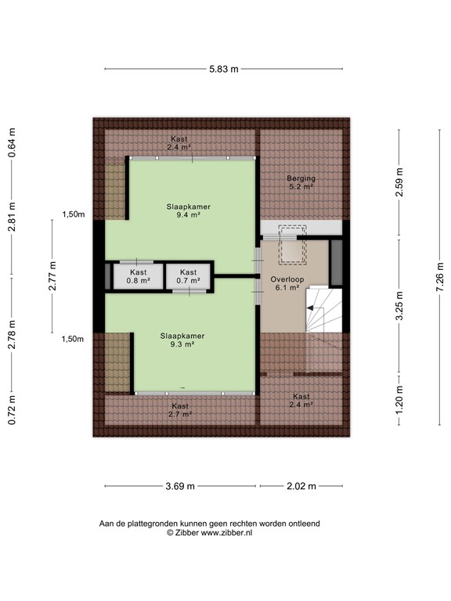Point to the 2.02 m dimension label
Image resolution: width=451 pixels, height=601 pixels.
(x=300, y=486)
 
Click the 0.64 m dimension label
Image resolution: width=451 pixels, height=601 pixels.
(x=12, y=143)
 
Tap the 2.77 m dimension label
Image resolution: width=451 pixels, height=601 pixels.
(x=53, y=275)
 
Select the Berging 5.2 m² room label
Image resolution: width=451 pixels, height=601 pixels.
(x=300, y=182)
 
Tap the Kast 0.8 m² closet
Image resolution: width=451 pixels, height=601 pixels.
(x=137, y=275)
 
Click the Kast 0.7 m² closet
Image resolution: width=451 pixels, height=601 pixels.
(x=188, y=275)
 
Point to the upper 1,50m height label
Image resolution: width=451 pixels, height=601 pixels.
(x=73, y=214)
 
